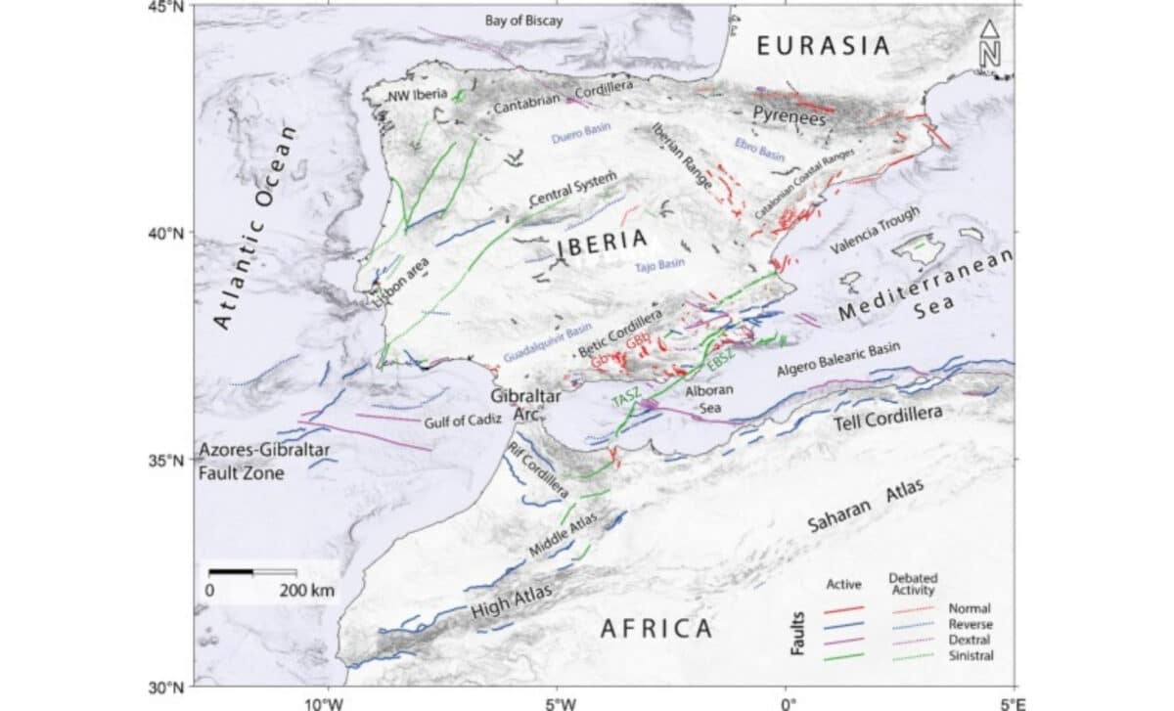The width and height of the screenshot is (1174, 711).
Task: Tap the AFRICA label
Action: [x=655, y=628]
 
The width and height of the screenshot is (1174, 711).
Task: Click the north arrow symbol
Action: [x=990, y=45]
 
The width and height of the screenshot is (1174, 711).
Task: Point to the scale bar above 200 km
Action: [x=253, y=571]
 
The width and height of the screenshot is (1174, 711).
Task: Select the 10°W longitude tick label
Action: [x=326, y=702]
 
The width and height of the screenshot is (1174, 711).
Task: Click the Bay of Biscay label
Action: [x=524, y=21]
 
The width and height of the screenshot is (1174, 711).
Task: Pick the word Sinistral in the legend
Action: [x=971, y=655]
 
